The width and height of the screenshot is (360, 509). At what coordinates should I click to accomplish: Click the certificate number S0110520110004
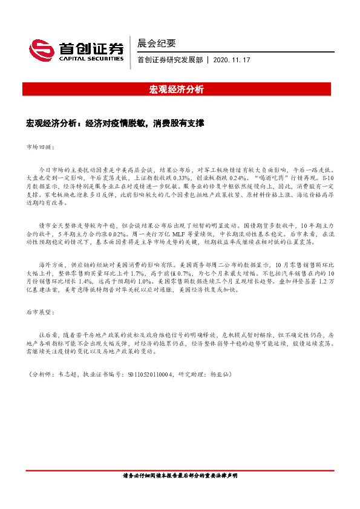151,375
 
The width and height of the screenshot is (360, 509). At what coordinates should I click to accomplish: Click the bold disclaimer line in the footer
180,476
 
